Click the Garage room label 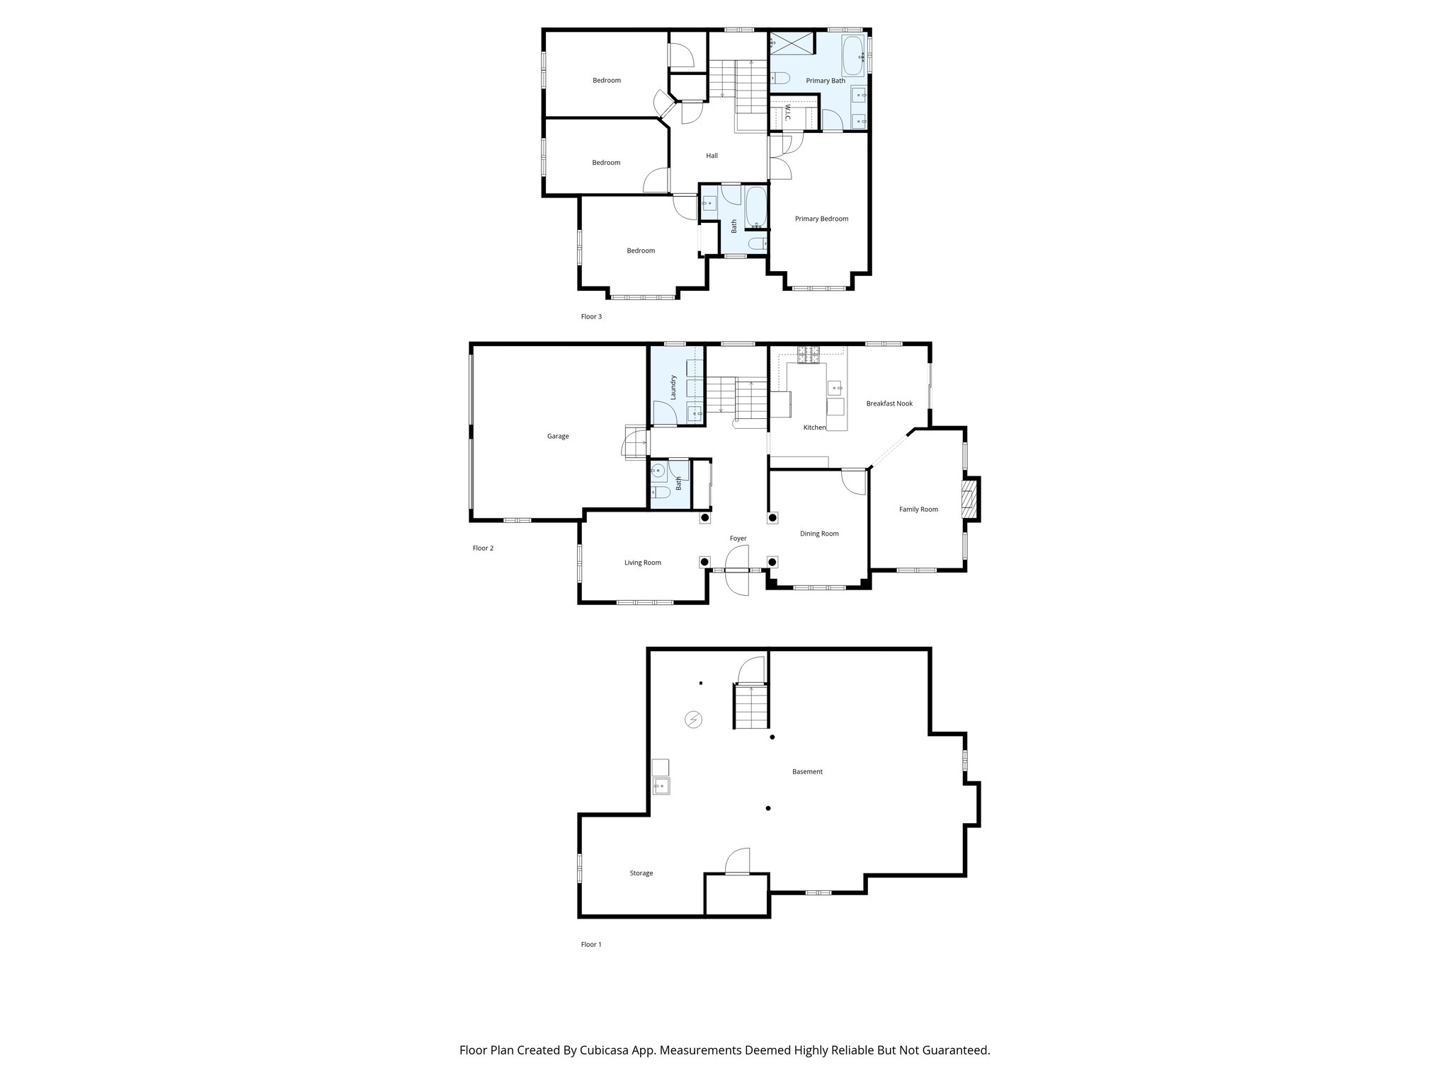[x=558, y=437]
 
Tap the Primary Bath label [x=826, y=81]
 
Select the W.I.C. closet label [x=787, y=114]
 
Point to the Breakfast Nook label [x=889, y=404]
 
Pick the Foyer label [x=738, y=539]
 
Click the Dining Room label [x=819, y=534]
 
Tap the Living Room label [x=642, y=563]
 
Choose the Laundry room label [x=673, y=387]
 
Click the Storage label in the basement [x=641, y=874]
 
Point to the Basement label [x=807, y=772]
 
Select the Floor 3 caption [x=591, y=317]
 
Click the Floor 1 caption [x=591, y=945]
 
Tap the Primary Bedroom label [x=821, y=219]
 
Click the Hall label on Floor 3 [x=712, y=156]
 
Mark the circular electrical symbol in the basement [x=694, y=720]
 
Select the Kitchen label [x=814, y=428]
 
